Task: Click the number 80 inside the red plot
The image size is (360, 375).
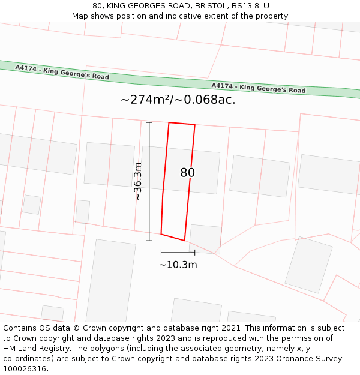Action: coord(187,173)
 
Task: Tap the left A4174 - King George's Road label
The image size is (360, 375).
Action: coord(62,73)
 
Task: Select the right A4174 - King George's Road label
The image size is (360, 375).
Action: coord(258,88)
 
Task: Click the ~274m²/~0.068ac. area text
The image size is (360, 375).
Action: coord(178,100)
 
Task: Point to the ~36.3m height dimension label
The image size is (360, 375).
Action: coord(137,181)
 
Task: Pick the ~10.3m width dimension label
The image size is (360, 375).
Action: coord(178,265)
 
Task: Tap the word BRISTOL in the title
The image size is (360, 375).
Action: coord(202,6)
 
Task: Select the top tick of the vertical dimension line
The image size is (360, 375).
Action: coord(149,122)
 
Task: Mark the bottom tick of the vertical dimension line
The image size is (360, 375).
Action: coord(149,241)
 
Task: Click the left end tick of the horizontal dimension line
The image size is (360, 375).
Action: coord(161,253)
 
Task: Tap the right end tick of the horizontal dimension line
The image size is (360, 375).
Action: coord(194,253)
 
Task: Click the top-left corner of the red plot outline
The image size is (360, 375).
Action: coord(169,122)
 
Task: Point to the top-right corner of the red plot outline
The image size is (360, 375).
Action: coord(195,125)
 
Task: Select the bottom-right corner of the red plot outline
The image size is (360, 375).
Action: coord(184,241)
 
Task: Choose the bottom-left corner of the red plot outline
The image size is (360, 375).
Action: coord(161,234)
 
